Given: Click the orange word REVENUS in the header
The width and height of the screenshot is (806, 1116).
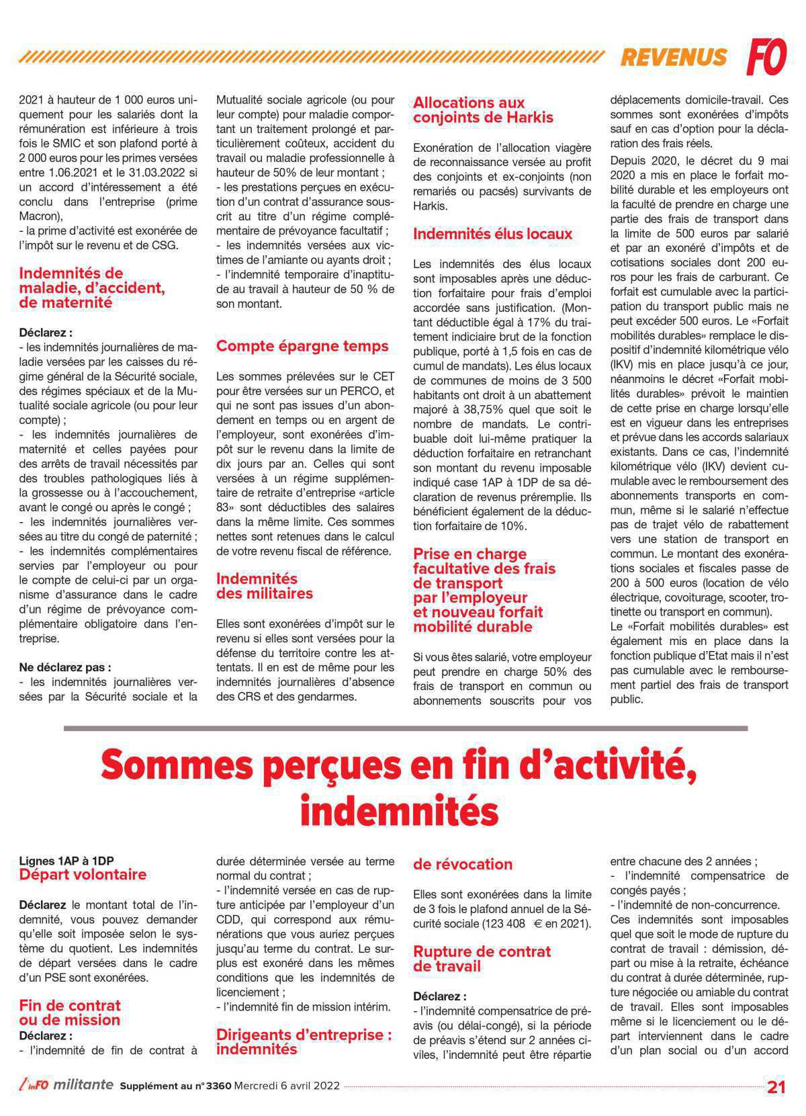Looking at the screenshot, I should (x=673, y=58).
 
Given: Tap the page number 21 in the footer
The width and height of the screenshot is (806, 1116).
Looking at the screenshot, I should (x=776, y=1087).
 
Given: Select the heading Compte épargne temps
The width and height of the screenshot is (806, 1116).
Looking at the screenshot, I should (x=302, y=346).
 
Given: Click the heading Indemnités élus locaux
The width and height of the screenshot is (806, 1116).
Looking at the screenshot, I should (x=492, y=234).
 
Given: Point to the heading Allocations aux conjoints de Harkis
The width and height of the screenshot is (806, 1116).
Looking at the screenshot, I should (x=482, y=110).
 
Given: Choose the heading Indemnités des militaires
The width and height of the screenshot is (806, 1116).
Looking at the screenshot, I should (x=264, y=586).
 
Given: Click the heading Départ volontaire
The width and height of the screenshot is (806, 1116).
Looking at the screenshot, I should (x=82, y=875).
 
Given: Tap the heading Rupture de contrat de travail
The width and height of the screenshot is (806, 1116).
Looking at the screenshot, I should (x=481, y=959).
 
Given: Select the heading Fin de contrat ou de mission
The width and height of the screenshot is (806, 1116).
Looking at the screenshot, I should (x=70, y=1013).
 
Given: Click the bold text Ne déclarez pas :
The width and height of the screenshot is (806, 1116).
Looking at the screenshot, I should (x=64, y=667).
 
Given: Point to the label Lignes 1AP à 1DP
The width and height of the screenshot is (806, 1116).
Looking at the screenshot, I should (x=66, y=861).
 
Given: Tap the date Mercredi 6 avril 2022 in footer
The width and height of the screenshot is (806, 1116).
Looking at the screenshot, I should (x=286, y=1086).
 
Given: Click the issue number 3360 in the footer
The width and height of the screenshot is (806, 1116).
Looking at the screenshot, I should (x=215, y=1086).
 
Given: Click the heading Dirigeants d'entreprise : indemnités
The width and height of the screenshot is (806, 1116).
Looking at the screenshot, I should (x=304, y=1042).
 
